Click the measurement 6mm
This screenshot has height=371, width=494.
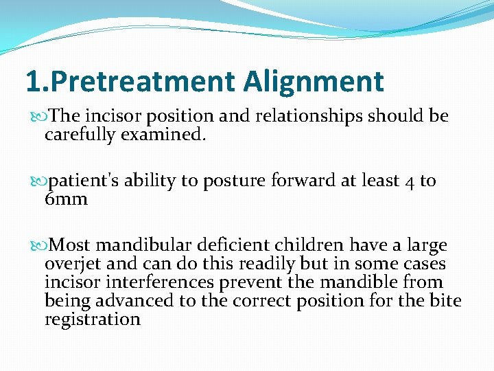(66, 199)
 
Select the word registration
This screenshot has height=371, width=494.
(92, 319)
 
